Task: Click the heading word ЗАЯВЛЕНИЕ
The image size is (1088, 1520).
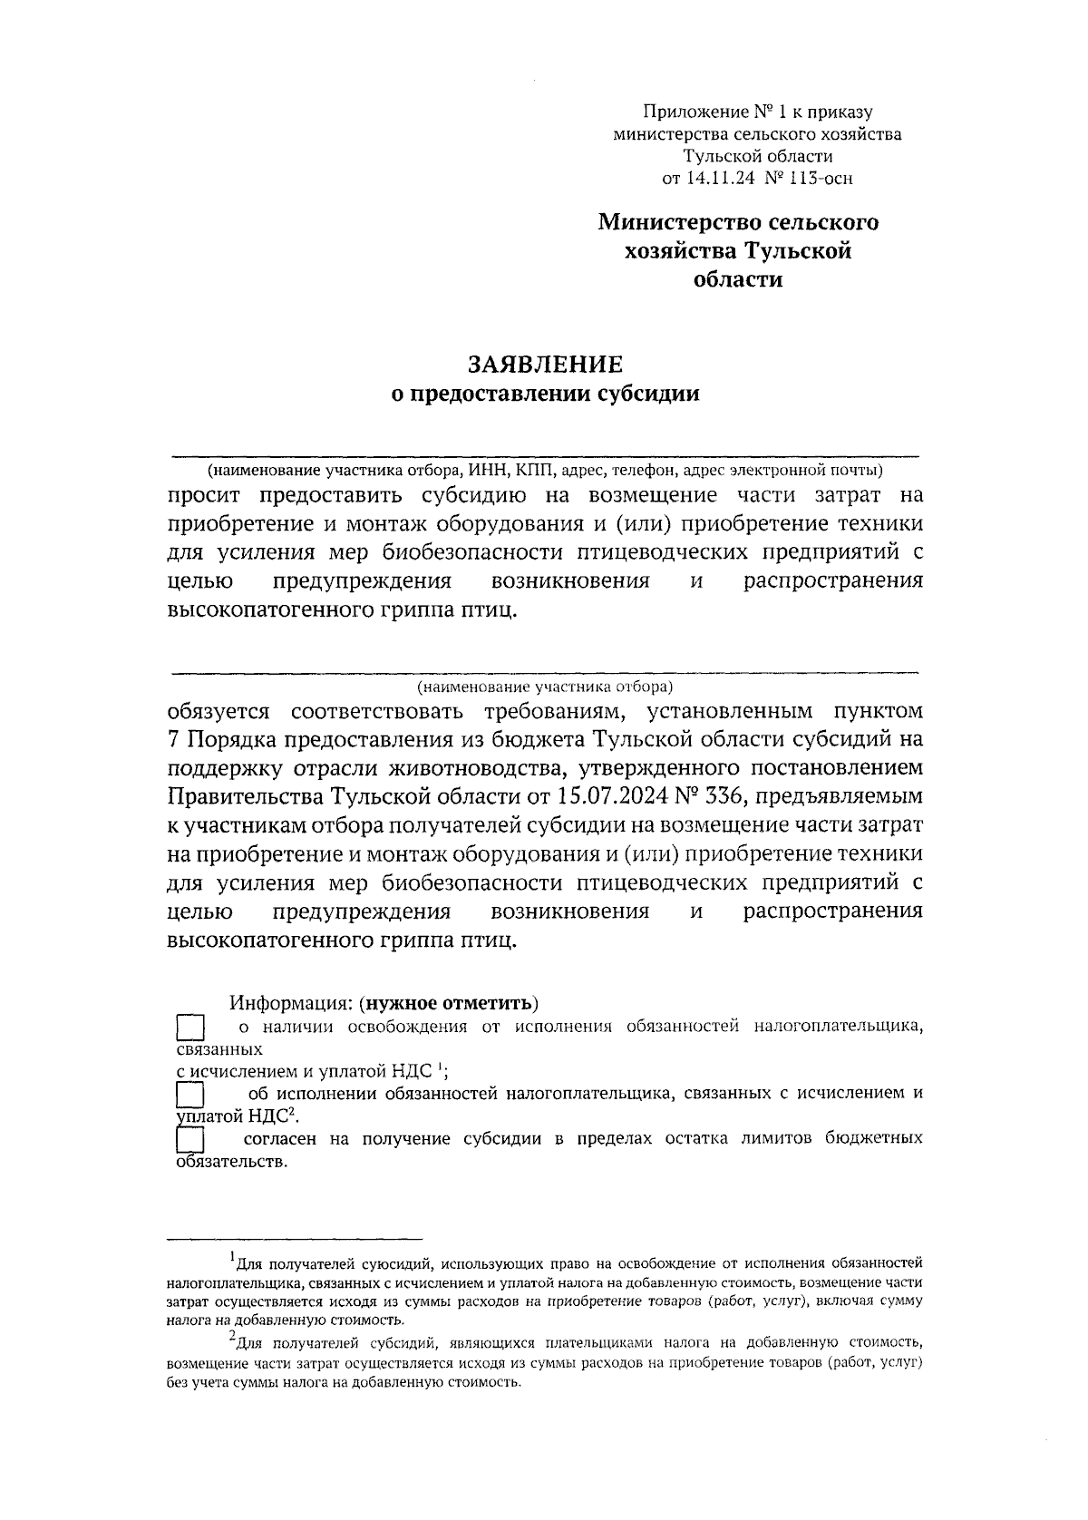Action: (x=545, y=365)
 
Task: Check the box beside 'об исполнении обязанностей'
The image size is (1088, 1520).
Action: (x=189, y=1095)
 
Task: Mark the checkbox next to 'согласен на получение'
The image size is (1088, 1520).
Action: (x=189, y=1140)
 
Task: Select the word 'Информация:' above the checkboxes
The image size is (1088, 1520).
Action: (x=289, y=1003)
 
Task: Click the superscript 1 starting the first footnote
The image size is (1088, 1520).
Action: (x=232, y=1256)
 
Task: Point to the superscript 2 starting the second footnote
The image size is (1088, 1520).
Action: (x=232, y=1336)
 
